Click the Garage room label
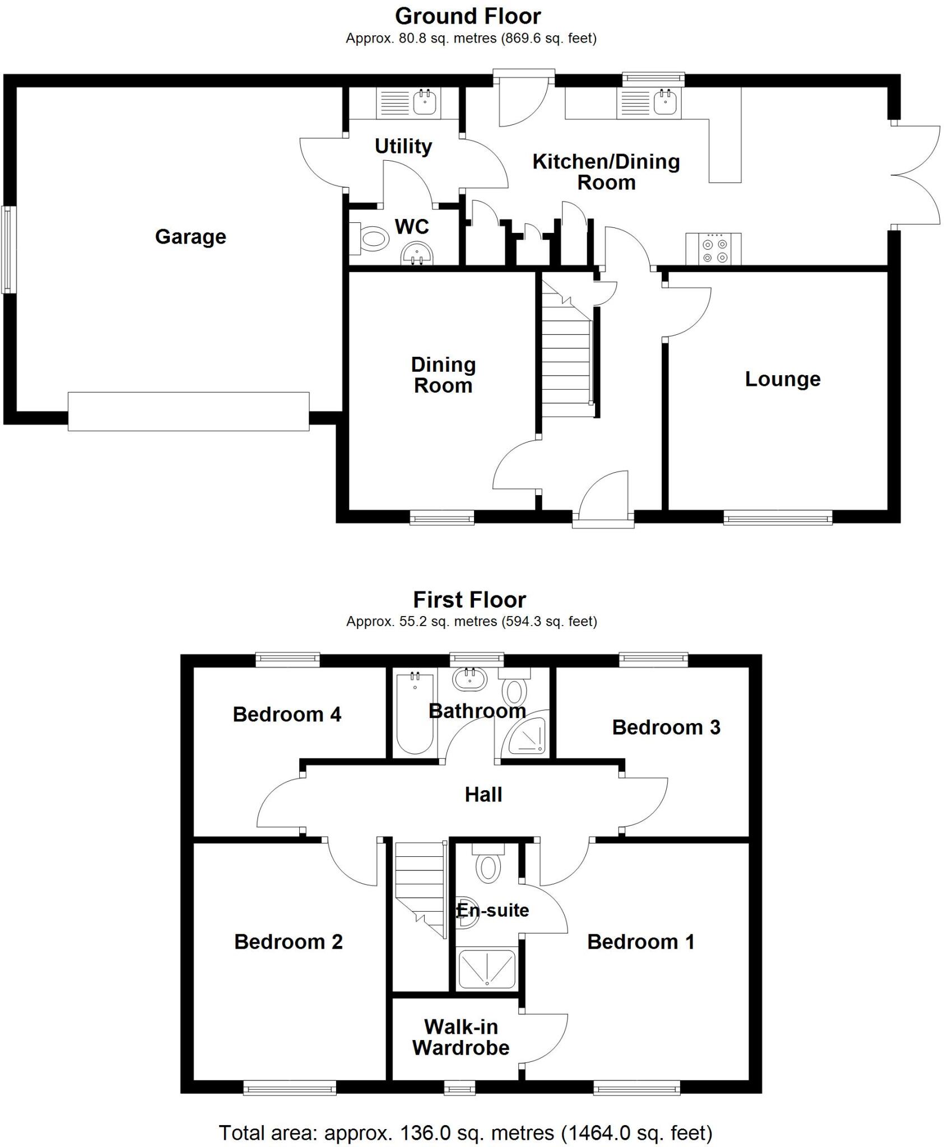pos(190,237)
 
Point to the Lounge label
pos(782,379)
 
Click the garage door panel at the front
pos(188,412)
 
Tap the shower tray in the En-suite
pos(486,969)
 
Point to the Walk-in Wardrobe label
pos(461,1037)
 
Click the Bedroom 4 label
pos(287,715)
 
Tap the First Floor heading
pos(469,600)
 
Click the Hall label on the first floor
pos(483,794)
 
